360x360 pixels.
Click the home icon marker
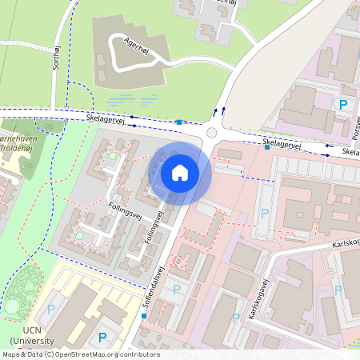click(180, 172)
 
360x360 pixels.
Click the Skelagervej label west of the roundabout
click(107, 119)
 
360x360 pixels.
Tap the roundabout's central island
click(212, 134)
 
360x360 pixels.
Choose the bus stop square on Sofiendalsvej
click(144, 316)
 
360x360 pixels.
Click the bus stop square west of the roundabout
click(179, 122)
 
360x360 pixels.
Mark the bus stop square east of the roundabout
click(266, 146)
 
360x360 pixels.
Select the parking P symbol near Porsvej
click(344, 105)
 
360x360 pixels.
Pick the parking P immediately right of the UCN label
click(102, 338)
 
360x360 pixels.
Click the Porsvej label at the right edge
click(356, 124)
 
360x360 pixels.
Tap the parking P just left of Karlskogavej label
click(236, 318)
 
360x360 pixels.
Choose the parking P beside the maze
click(52, 309)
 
